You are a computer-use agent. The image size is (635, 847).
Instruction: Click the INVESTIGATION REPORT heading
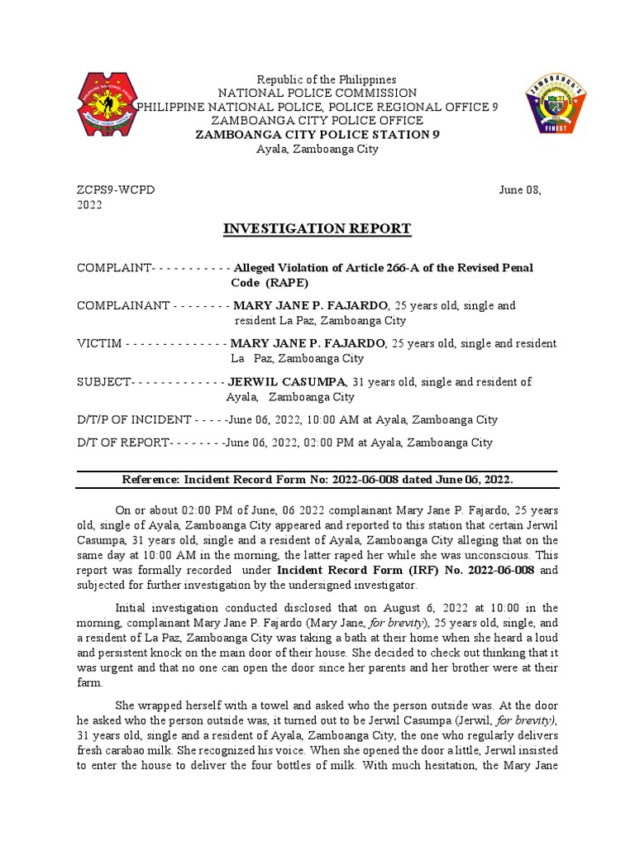[317, 229]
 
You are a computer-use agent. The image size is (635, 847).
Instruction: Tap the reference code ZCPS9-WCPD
[116, 190]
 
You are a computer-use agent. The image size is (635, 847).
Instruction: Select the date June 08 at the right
[520, 190]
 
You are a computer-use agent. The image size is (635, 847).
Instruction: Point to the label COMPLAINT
[113, 268]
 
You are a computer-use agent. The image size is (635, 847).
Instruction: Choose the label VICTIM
[99, 343]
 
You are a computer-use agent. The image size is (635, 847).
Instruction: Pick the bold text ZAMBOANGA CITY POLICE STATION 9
[317, 135]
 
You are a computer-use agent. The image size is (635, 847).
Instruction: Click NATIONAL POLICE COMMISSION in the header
[317, 93]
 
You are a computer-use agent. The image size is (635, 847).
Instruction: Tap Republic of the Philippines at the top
[317, 79]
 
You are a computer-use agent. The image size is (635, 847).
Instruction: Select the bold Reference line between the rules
[317, 480]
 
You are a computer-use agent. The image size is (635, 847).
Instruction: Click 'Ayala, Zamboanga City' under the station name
[317, 149]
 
